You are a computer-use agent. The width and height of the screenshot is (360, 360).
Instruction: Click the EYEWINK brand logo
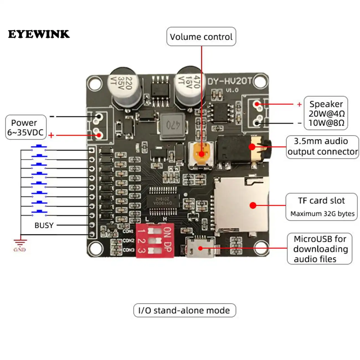[x=39, y=34]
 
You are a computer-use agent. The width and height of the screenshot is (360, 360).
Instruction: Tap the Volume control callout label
[x=201, y=37]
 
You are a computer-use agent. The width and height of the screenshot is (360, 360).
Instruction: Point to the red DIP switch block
[x=155, y=240]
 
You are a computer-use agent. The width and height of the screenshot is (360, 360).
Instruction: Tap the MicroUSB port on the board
[x=200, y=247]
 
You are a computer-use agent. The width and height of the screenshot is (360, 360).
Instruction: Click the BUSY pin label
[x=44, y=225]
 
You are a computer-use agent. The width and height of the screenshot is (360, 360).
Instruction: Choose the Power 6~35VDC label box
[x=25, y=127]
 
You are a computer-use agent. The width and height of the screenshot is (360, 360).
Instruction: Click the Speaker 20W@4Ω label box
[x=326, y=113]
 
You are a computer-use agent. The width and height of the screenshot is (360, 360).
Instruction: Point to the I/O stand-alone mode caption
[x=184, y=310]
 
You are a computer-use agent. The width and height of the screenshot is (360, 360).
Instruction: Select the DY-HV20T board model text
[x=229, y=81]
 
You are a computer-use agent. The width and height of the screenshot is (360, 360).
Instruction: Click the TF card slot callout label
[x=321, y=207]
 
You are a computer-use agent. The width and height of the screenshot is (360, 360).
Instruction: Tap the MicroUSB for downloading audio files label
[x=320, y=249]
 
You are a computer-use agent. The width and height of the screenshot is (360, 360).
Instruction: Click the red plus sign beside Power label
[x=51, y=135]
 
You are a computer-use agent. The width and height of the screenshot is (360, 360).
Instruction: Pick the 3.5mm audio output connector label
[x=322, y=146]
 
